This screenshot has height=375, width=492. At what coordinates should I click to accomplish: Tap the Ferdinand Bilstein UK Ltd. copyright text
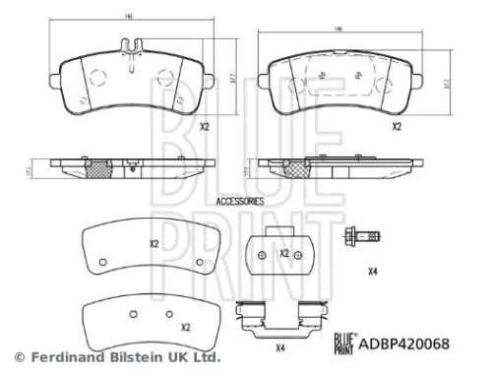click(x=117, y=356)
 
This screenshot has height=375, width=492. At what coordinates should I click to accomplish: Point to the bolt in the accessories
click(x=363, y=236)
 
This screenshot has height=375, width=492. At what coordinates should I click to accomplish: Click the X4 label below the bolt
click(x=372, y=271)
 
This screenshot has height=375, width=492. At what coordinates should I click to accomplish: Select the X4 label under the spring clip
click(x=279, y=346)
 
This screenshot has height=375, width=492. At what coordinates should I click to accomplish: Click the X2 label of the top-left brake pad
click(x=205, y=127)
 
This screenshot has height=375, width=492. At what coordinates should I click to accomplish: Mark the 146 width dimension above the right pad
click(x=338, y=31)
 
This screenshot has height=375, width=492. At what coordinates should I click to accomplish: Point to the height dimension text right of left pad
click(x=232, y=76)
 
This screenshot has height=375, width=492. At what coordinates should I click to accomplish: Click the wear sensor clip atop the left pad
click(x=131, y=45)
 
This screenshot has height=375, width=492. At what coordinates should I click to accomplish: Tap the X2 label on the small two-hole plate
click(x=284, y=253)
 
